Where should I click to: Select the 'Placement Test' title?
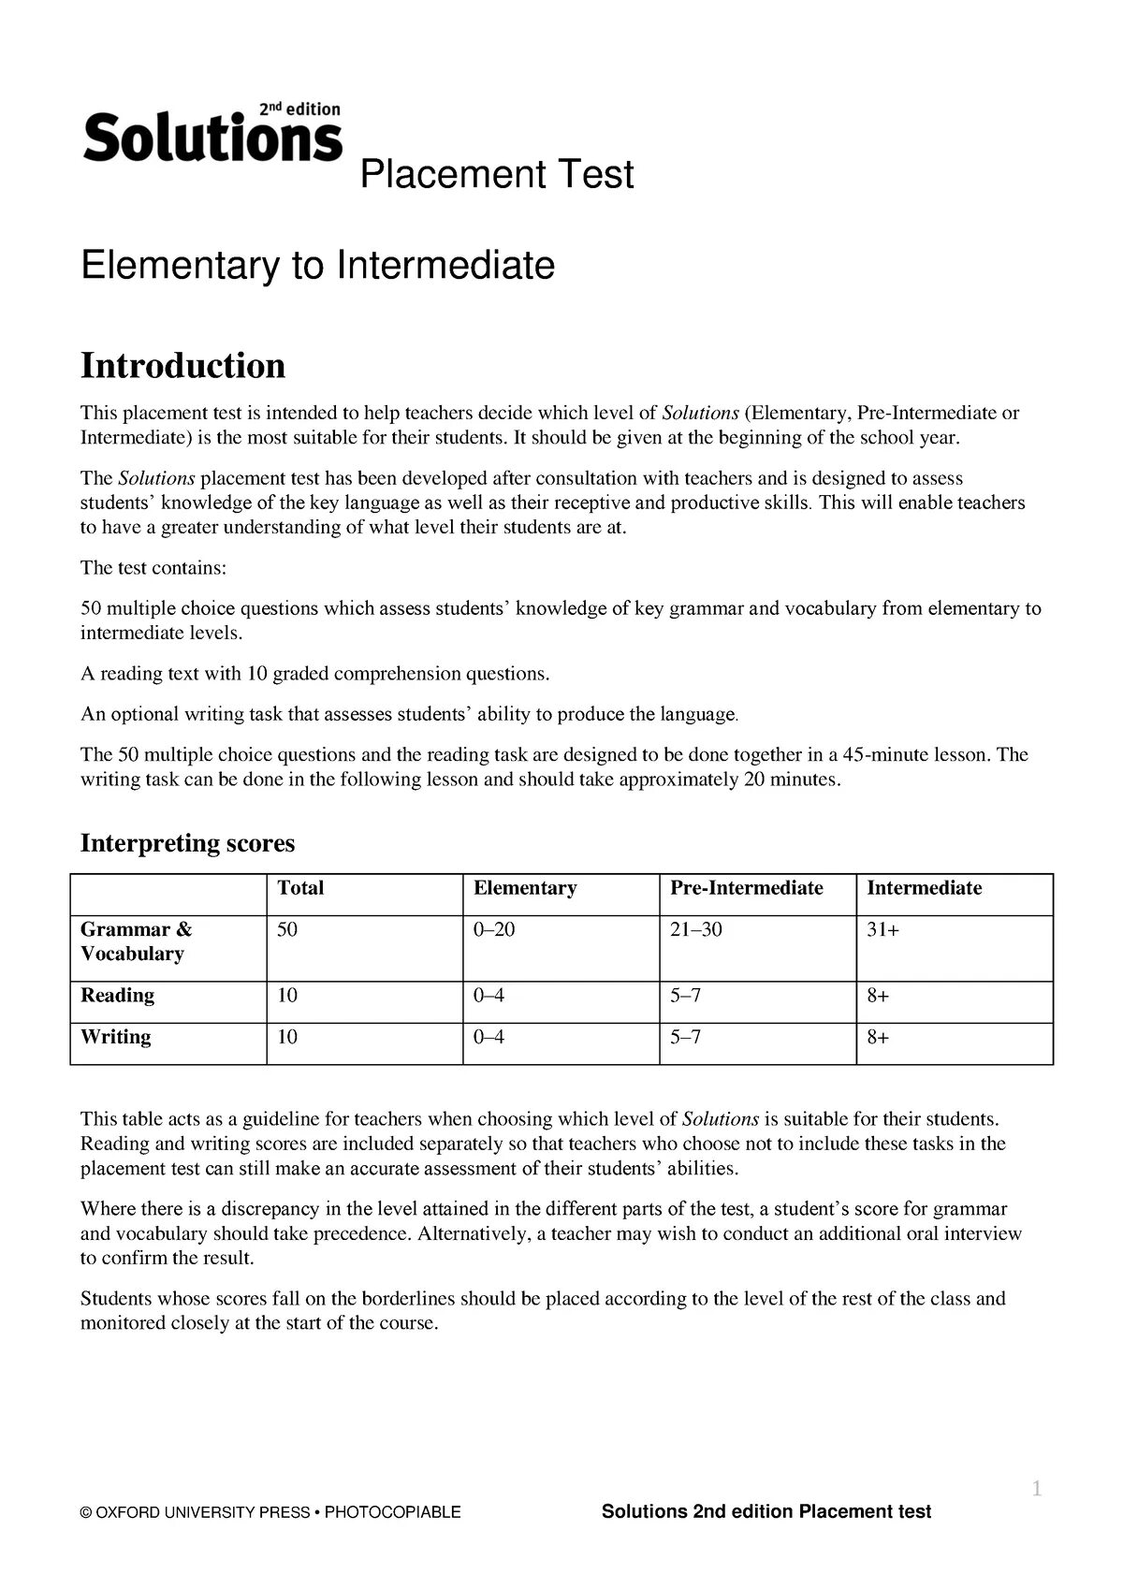click(497, 175)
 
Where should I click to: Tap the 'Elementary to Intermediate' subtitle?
click(317, 265)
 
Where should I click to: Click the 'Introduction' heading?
click(182, 365)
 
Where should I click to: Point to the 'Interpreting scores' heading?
click(187, 843)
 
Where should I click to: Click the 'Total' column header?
click(300, 888)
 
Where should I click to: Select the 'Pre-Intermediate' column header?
click(746, 888)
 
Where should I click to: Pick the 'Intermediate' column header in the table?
click(924, 888)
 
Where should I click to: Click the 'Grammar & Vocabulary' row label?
click(136, 941)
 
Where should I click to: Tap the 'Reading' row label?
click(117, 996)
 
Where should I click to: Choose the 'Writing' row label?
click(115, 1037)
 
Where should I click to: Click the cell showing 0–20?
click(494, 930)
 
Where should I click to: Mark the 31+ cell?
click(882, 930)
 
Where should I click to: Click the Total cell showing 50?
click(287, 930)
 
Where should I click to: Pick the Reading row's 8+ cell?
click(878, 996)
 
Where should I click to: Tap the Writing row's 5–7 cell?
click(685, 1037)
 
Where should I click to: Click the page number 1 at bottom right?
click(1036, 1488)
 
